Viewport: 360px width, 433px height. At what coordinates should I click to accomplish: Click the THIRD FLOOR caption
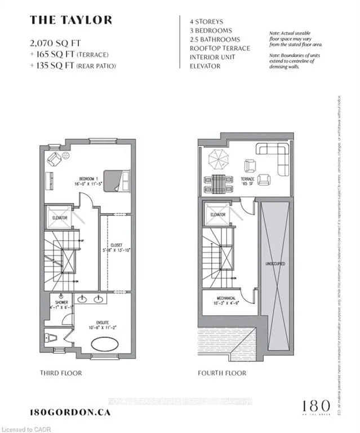click(61, 373)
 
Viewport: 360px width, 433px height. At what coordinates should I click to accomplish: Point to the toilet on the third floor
click(48, 338)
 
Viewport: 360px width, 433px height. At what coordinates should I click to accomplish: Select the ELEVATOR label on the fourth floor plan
click(218, 214)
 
